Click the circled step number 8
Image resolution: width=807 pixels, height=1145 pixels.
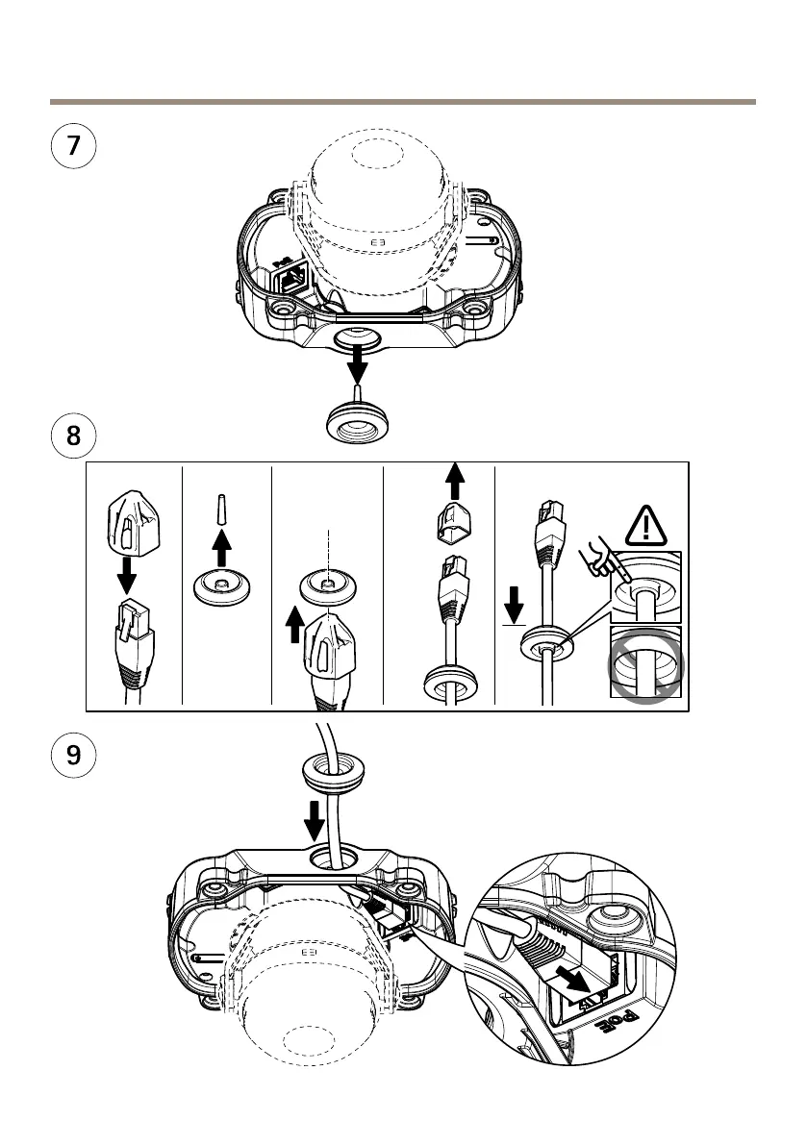pos(73,438)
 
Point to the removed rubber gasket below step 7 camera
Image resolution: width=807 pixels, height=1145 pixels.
pos(359,421)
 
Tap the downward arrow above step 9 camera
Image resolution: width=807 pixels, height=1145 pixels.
pos(315,819)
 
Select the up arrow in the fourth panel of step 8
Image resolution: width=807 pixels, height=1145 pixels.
pos(455,479)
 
